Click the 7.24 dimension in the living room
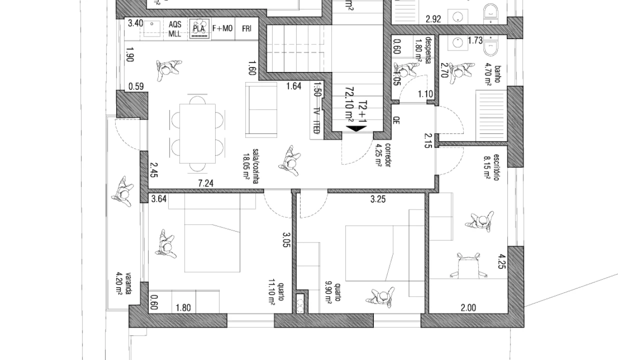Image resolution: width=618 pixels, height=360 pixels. click(x=206, y=183)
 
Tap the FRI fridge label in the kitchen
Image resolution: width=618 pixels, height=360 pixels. click(x=247, y=28)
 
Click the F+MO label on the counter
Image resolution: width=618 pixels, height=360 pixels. click(x=223, y=28)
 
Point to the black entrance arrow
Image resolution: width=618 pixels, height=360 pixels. click(x=356, y=129)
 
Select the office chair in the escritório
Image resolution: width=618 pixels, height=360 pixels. click(x=467, y=264)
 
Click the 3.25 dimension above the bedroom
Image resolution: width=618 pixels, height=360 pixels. click(x=378, y=199)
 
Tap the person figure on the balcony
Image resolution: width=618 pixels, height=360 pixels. click(x=122, y=191)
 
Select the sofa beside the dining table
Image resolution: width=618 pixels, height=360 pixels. click(x=261, y=109)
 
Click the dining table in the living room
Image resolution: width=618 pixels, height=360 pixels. click(x=197, y=132)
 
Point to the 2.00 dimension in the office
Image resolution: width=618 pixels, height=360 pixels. click(x=468, y=308)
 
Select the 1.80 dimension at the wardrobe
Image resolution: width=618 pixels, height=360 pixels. click(x=183, y=308)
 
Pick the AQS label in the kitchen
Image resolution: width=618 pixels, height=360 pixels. click(x=174, y=24)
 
